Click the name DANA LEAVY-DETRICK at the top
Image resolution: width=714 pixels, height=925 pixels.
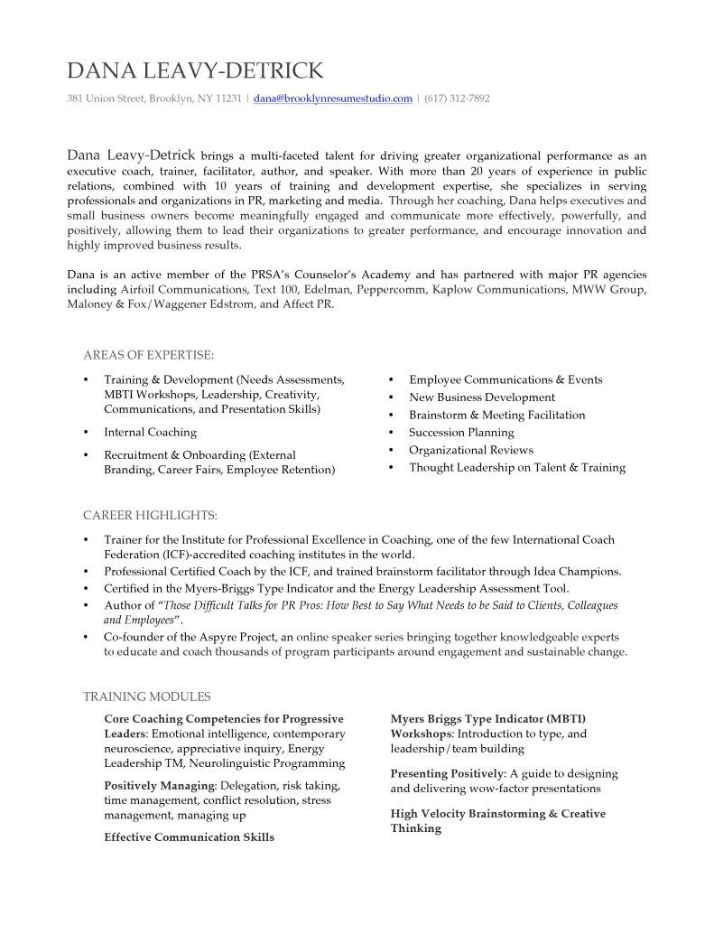tap(195, 71)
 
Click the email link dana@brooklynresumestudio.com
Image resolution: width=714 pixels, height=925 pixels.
tap(332, 98)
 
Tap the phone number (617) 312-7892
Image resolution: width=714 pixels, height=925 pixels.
tap(457, 98)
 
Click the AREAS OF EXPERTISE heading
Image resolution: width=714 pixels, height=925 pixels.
tap(148, 355)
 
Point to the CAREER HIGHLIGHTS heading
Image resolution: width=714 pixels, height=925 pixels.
tap(150, 516)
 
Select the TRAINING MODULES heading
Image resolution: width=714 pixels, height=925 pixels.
tap(146, 696)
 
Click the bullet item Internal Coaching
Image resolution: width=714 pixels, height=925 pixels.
tap(150, 433)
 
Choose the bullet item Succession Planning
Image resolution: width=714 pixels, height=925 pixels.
tap(461, 433)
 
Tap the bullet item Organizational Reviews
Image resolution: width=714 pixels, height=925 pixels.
tap(470, 450)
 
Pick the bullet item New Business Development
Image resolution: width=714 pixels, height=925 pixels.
tap(481, 397)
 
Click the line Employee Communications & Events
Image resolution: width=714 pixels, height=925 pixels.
tap(505, 380)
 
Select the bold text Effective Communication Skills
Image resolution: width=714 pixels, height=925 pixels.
tap(189, 837)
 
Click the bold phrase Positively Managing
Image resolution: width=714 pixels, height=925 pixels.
tap(159, 786)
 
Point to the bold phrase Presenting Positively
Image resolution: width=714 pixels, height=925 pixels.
tap(447, 774)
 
